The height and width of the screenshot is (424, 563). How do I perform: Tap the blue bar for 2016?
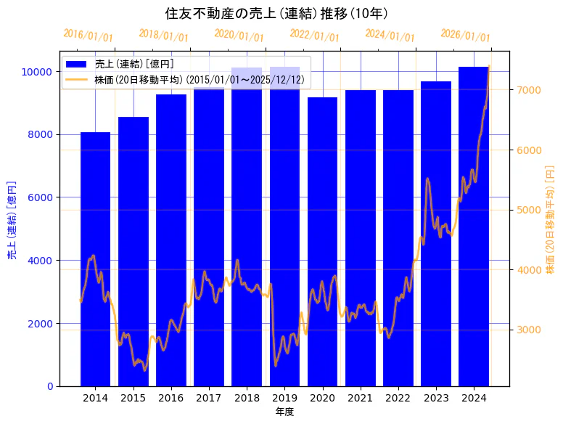pos(170,240)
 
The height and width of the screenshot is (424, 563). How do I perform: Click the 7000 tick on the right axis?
pos(527,90)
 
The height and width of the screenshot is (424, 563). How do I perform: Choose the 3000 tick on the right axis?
pos(527,330)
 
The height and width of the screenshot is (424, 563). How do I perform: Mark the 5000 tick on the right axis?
pos(527,210)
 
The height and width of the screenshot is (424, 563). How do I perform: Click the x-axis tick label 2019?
pos(284,398)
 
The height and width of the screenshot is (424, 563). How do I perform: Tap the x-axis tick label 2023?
pos(436,398)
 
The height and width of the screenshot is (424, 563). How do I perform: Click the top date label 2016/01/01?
pos(89,35)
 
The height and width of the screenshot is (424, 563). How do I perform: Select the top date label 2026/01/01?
pos(465,35)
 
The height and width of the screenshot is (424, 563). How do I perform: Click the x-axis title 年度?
pos(284,412)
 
